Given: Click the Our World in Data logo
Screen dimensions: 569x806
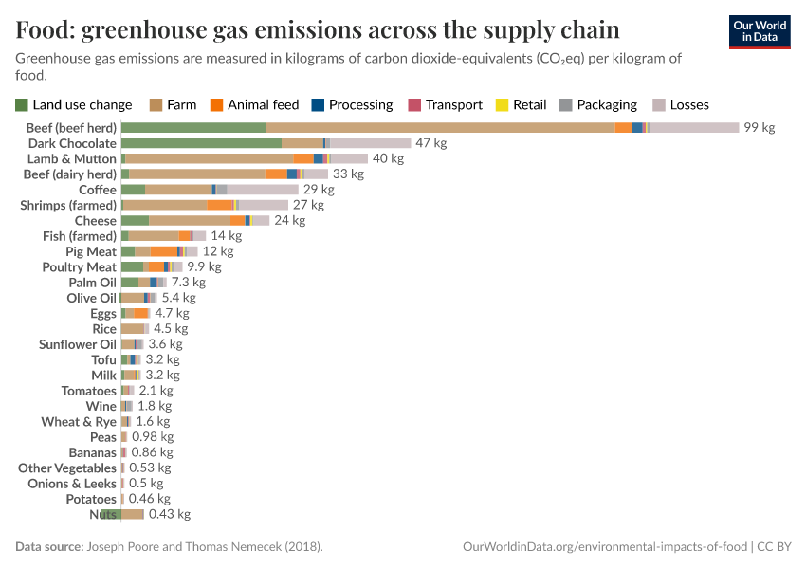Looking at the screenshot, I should tap(759, 32).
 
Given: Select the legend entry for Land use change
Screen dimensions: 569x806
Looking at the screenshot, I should tap(74, 104).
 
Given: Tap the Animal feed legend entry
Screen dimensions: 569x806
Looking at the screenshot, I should tap(254, 104).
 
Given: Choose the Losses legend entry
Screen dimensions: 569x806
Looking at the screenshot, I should tap(680, 104).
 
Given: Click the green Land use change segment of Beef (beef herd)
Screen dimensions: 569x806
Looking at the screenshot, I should tap(192, 128).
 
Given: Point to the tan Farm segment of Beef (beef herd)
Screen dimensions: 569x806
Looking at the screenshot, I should tap(440, 128).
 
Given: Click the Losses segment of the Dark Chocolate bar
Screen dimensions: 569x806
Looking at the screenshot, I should tap(370, 143).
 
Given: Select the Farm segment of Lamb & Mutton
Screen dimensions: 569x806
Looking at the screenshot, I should tap(209, 158).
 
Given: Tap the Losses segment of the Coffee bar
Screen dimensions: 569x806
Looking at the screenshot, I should tap(263, 190).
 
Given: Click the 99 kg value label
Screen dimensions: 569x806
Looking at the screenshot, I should tap(759, 128).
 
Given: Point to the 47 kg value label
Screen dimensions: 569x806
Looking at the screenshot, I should tap(430, 143).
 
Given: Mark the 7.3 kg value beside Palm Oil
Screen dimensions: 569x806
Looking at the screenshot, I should tap(188, 283).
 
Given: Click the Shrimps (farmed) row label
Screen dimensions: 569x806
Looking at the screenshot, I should tap(68, 205).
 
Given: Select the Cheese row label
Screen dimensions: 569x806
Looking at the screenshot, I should tap(95, 221).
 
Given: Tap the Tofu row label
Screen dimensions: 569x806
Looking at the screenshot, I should tap(103, 360).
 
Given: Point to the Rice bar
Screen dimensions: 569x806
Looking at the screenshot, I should tap(134, 329).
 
